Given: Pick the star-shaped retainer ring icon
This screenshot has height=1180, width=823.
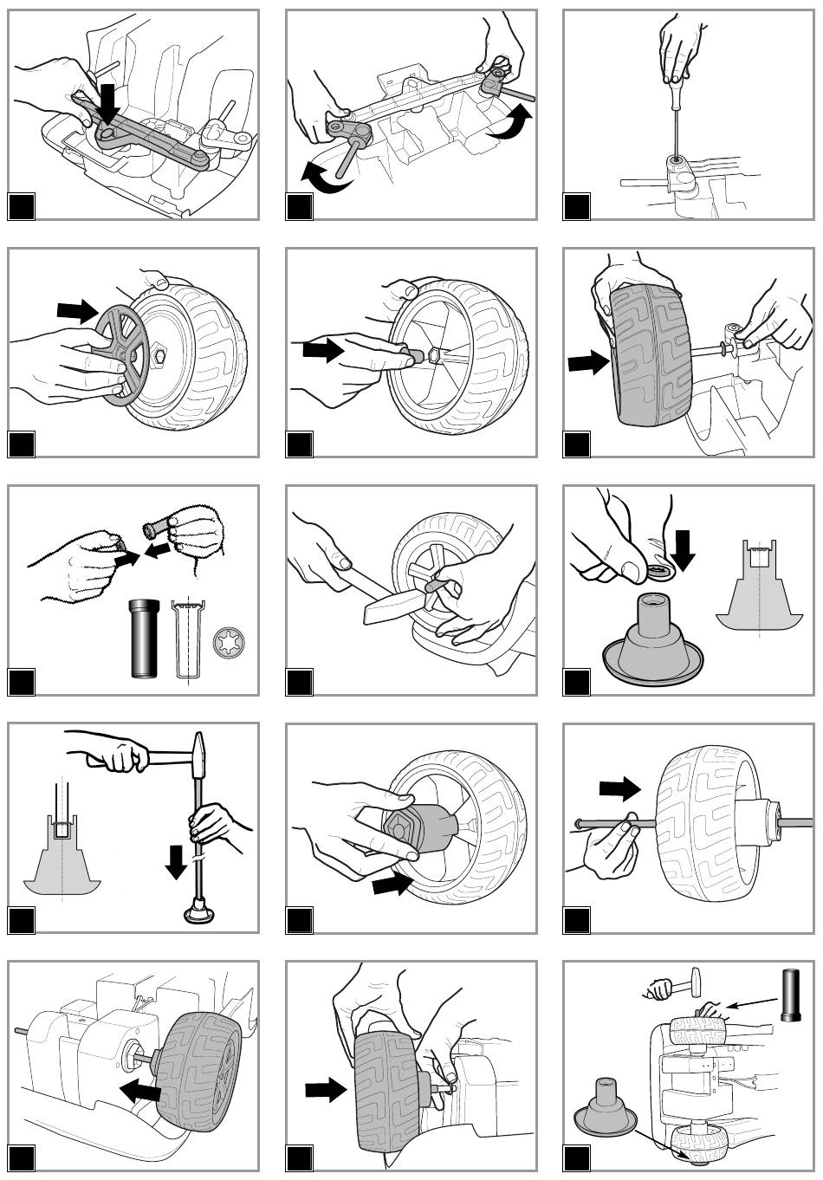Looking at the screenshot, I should (225, 641).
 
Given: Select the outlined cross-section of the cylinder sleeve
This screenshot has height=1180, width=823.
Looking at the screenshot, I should (184, 639).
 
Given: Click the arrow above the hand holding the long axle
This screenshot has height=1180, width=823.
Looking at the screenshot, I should (619, 788).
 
